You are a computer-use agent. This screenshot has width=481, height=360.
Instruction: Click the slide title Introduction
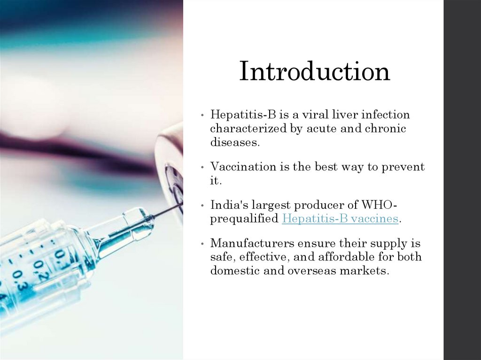[314, 72]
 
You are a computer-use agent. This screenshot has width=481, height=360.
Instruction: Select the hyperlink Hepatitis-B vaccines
[340, 219]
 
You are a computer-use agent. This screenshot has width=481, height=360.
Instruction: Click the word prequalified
[244, 219]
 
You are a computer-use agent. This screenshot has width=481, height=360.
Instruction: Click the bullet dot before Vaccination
[202, 168]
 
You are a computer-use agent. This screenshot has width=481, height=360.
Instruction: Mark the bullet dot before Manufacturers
[202, 245]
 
